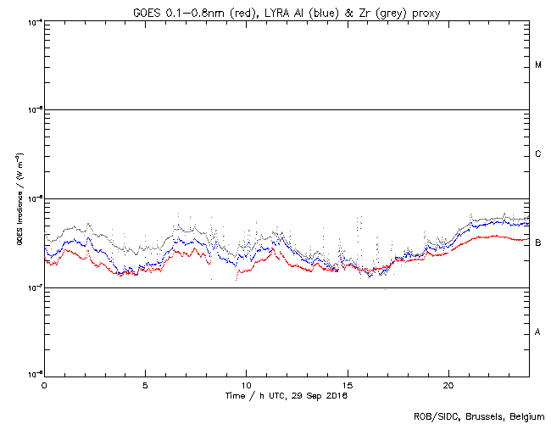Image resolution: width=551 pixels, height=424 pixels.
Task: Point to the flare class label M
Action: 538,65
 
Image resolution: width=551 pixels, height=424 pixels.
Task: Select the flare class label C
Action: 538,154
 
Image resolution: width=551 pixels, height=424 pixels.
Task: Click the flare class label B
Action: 538,243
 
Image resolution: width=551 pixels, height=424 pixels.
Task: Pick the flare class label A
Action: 538,332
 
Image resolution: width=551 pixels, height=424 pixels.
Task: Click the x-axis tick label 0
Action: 44,384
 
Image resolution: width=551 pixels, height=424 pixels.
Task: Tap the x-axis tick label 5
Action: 145,384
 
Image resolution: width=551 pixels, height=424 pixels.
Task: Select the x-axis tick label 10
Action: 246,384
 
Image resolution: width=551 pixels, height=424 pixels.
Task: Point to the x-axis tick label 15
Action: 347,384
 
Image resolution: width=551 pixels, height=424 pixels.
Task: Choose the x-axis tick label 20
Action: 448,384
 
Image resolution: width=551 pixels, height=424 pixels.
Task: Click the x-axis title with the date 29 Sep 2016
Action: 287,395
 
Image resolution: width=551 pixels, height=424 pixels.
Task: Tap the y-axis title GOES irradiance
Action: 18,198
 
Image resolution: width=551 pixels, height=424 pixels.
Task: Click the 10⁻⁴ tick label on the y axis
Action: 34,21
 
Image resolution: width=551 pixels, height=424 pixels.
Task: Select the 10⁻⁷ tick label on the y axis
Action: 34,287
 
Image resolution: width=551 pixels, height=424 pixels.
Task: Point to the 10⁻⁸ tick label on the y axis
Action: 34,375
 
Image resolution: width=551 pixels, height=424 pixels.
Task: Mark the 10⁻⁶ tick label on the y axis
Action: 34,198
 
